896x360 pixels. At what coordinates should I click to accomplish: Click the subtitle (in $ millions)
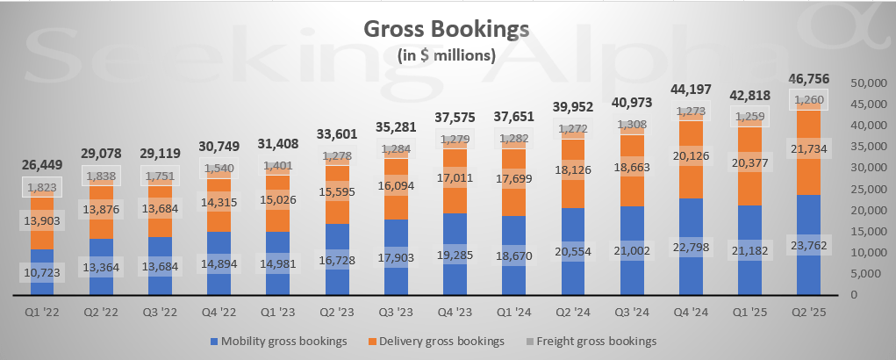tap(447, 55)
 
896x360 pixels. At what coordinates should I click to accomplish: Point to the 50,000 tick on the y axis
tap(870, 83)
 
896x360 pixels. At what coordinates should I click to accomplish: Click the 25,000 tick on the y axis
tap(870, 189)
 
